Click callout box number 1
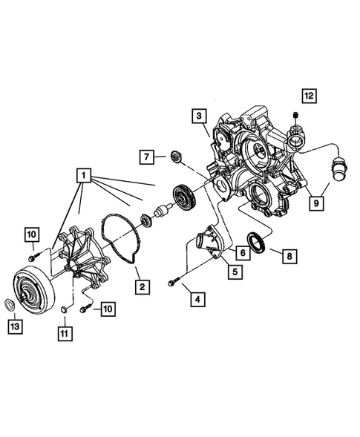[x=84, y=177]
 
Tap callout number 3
[x=198, y=116]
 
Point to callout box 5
[x=233, y=272]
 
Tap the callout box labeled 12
[x=308, y=95]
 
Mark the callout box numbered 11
[x=65, y=333]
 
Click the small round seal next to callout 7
[x=177, y=156]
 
